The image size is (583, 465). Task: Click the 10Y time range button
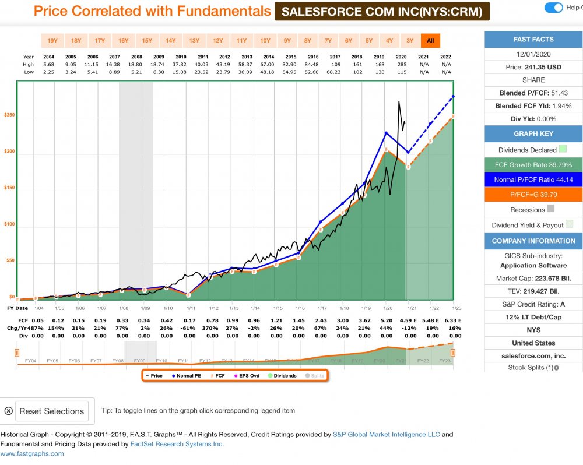click(x=265, y=41)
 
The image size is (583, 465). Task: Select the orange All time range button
click(x=430, y=41)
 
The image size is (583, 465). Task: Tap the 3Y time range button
click(x=410, y=41)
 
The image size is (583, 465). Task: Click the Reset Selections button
click(x=52, y=411)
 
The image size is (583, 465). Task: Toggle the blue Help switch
click(x=553, y=8)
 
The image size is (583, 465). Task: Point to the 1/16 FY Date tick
click(x=299, y=308)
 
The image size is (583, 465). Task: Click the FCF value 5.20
click(x=386, y=320)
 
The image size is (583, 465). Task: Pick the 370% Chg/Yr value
click(x=210, y=327)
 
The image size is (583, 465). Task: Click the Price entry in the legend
click(x=154, y=376)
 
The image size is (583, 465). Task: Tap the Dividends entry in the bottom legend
click(x=282, y=376)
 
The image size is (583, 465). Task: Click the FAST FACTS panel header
click(x=533, y=39)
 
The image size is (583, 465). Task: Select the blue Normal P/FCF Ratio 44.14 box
click(x=533, y=179)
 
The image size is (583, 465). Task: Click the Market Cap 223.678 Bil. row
click(x=533, y=279)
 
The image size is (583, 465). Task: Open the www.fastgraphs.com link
click(x=32, y=454)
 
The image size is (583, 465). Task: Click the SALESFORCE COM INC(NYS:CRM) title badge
click(x=382, y=11)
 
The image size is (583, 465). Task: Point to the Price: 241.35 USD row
click(x=533, y=67)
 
